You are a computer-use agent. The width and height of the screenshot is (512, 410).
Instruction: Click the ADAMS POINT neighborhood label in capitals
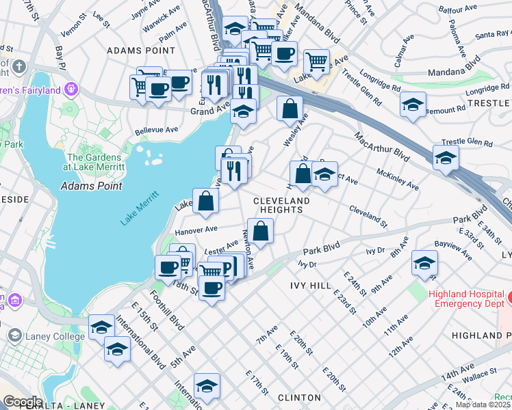(x=140, y=51)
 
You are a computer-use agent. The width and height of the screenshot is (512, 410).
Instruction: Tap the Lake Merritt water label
(x=140, y=208)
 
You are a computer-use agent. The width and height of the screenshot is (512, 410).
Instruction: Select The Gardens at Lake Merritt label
(x=94, y=161)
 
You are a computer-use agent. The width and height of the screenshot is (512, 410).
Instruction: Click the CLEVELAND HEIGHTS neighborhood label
(x=281, y=205)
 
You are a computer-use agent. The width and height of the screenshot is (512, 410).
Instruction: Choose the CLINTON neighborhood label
(x=299, y=397)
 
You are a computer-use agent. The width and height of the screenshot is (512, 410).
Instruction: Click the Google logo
(x=22, y=402)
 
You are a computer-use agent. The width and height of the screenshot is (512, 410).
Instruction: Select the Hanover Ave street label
(x=196, y=230)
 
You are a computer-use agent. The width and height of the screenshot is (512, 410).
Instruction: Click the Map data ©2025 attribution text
(x=483, y=405)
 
